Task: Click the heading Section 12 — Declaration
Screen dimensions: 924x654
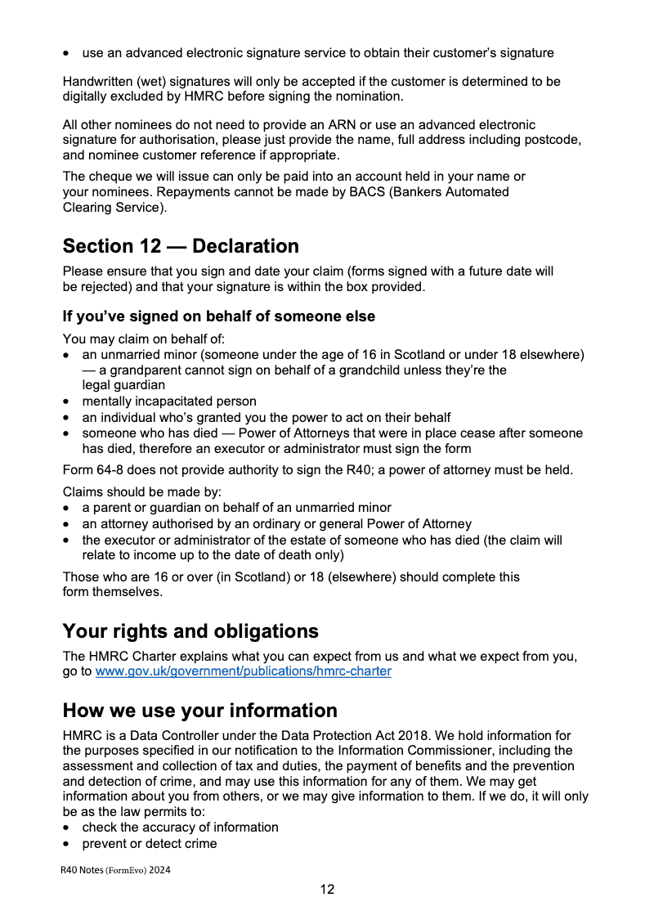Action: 181,246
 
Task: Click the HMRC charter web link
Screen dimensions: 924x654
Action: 244,671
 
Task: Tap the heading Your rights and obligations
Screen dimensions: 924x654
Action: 190,631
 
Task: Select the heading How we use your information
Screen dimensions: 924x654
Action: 200,710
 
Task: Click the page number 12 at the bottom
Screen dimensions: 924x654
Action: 327,890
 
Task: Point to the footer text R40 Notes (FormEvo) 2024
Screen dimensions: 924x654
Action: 115,870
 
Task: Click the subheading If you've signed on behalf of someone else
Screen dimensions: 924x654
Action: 219,316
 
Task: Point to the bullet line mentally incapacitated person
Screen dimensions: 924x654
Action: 169,401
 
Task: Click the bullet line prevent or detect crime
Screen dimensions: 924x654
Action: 150,843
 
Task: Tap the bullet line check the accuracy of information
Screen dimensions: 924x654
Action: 180,827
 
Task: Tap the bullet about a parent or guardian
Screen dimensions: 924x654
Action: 236,507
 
